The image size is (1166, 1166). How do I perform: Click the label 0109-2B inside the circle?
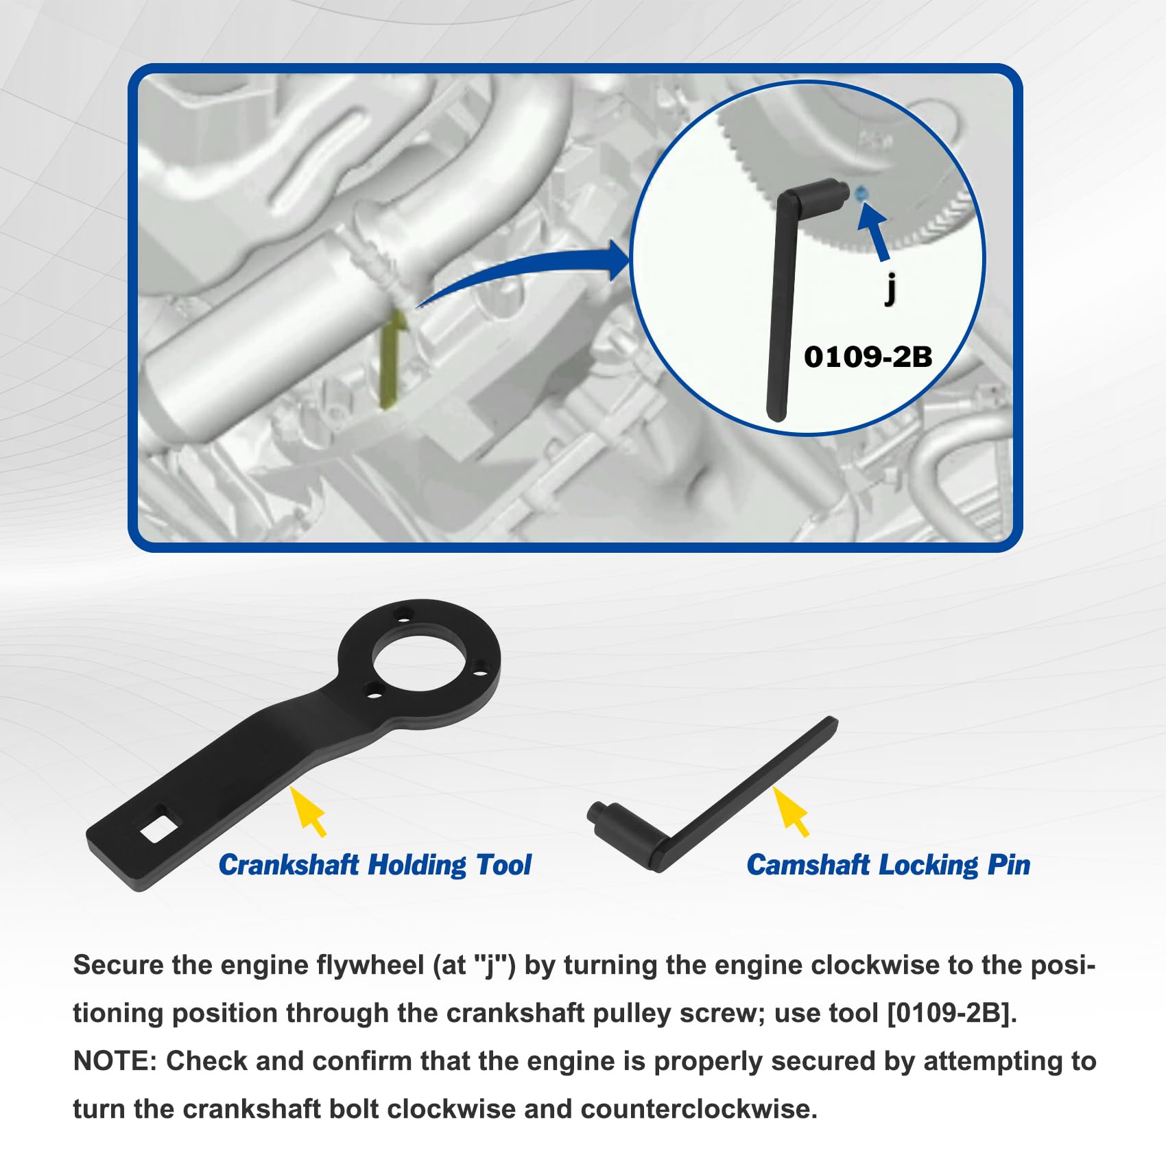coord(868,357)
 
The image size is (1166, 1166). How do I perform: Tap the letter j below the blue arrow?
coord(890,288)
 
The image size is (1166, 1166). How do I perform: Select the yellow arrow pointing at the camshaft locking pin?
coord(792,811)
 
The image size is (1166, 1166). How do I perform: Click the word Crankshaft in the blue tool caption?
coord(289,865)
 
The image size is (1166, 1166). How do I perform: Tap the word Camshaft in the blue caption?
coord(809,865)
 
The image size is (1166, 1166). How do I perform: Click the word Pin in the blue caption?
coord(1009,865)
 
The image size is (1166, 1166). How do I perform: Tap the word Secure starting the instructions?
coord(118,966)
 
